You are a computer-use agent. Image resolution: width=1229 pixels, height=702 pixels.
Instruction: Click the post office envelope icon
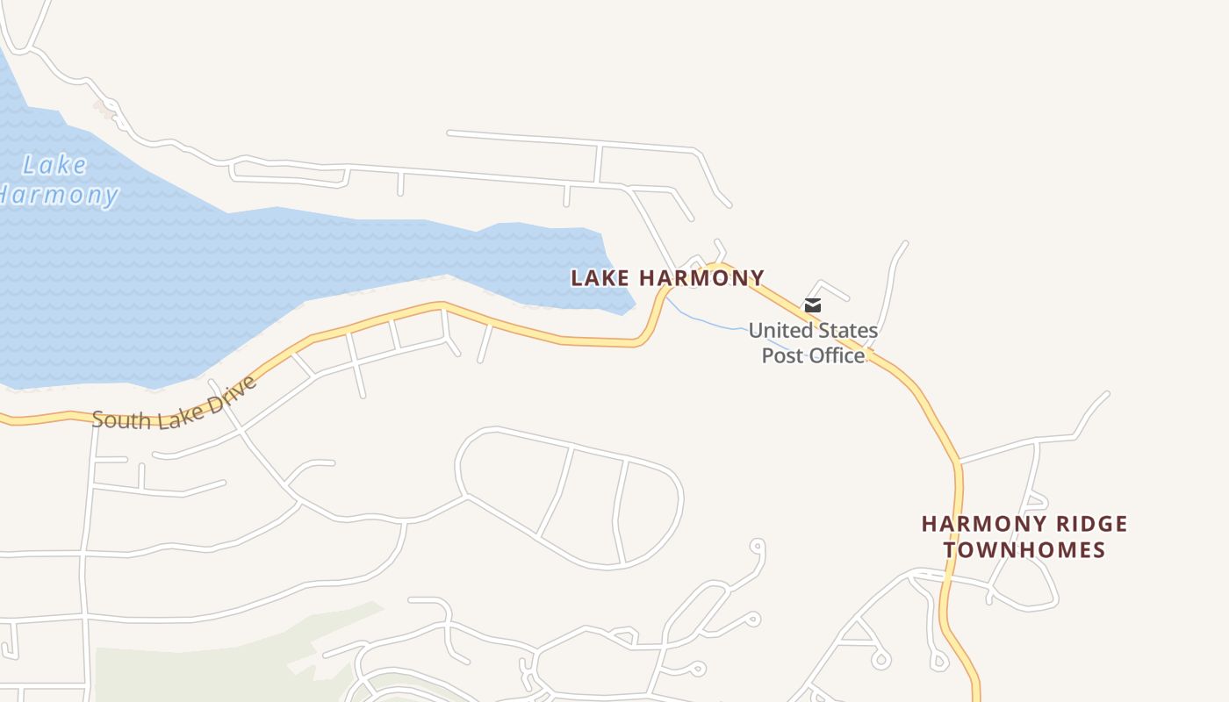[x=813, y=305]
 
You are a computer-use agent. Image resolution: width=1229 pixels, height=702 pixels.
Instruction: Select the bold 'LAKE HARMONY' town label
[x=667, y=278]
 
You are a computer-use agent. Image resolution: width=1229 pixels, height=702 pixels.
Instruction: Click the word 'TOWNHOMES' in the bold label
[x=1024, y=550]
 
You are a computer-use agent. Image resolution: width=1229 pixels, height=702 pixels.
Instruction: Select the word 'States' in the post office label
[x=846, y=331]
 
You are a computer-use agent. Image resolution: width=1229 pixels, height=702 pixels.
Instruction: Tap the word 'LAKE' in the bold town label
[x=600, y=278]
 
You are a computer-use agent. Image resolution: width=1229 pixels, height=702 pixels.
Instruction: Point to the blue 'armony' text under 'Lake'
[x=61, y=195]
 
